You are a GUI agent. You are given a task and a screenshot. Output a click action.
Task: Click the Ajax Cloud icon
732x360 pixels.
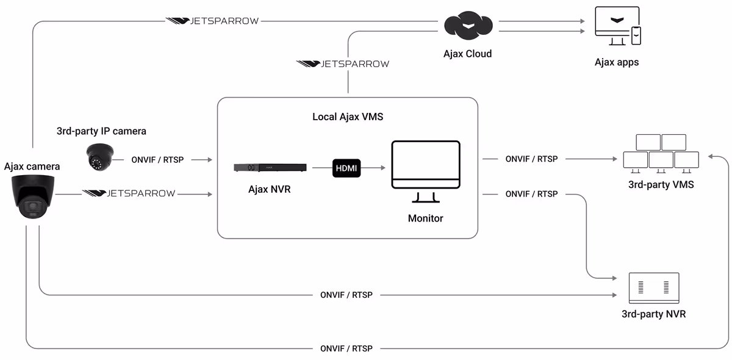point(467,26)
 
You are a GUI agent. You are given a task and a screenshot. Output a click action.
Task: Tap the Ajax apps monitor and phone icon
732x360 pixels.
point(617,27)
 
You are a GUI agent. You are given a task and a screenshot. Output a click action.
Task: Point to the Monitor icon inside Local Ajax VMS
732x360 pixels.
point(425,171)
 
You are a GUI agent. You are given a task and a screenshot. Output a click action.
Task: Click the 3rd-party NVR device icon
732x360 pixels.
point(653,288)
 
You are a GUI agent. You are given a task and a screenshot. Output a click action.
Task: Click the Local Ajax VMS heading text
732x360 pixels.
point(348,117)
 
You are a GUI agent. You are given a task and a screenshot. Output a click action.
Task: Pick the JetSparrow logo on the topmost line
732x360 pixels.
point(212,21)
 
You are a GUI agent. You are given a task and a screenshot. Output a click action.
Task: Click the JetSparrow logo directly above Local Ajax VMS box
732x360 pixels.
point(342,63)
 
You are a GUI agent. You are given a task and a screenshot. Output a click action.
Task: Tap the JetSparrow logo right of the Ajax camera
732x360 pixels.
point(129,193)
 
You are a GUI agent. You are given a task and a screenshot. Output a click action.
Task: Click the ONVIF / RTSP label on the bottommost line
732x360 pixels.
point(346,348)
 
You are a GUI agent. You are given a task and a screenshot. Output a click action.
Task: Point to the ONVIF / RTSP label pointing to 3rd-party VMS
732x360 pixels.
point(531,159)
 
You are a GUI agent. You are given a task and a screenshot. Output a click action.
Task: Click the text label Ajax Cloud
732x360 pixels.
point(467,54)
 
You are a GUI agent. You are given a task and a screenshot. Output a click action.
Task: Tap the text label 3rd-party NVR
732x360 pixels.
point(653,315)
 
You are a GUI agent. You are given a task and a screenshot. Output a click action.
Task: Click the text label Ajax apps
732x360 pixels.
point(617,62)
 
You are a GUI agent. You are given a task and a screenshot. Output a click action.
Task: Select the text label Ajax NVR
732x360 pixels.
point(270,189)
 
